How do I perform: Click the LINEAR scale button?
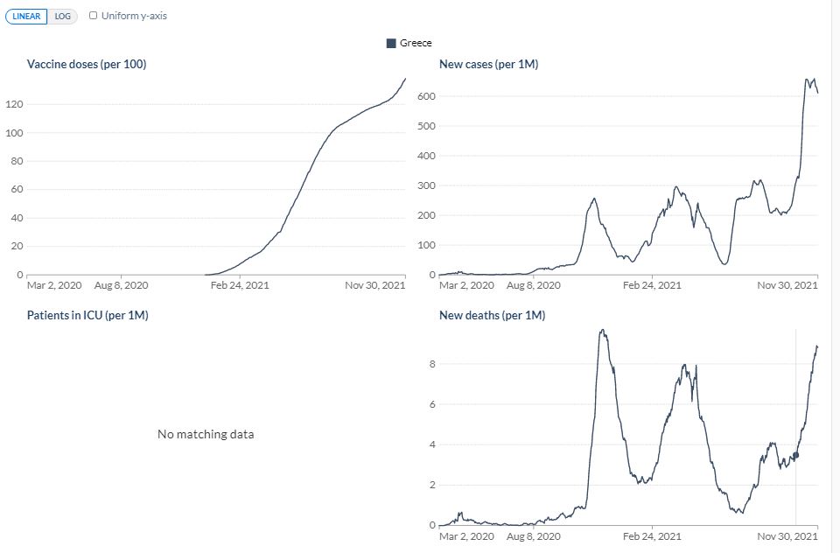tap(26, 16)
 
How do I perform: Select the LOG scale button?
tap(63, 16)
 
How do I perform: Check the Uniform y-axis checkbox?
tap(94, 16)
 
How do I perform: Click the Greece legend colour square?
tap(391, 43)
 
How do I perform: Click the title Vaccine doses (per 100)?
tap(87, 64)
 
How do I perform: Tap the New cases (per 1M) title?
tap(488, 64)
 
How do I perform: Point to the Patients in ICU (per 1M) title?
tap(87, 315)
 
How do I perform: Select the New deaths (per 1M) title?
tap(493, 315)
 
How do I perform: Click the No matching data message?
tap(206, 434)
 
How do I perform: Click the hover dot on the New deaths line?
tap(795, 455)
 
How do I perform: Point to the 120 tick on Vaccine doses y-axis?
tap(15, 104)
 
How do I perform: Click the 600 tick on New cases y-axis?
tap(427, 96)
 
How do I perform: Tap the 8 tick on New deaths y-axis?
tap(432, 364)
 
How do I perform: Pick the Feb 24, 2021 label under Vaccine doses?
tap(240, 285)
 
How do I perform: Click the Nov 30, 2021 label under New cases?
tap(787, 285)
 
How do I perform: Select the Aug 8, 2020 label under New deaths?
tap(534, 536)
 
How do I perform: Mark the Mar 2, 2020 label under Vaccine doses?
tap(54, 285)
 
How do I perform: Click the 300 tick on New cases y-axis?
tap(427, 185)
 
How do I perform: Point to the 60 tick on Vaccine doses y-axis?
tap(17, 189)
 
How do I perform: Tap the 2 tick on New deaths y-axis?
tap(432, 485)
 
